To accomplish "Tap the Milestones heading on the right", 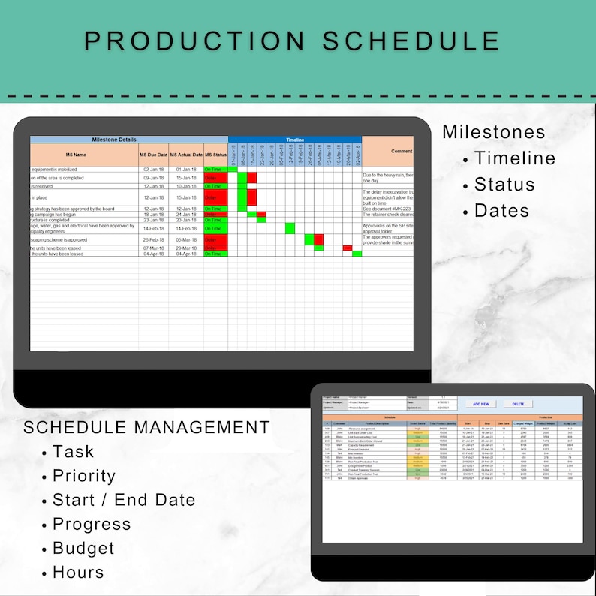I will pyautogui.click(x=493, y=132).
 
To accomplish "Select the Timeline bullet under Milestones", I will pyautogui.click(x=515, y=158).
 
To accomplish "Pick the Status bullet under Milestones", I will pyautogui.click(x=504, y=185).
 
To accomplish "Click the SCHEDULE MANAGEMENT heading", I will pyautogui.click(x=146, y=427).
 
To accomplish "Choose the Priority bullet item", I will pyautogui.click(x=84, y=476).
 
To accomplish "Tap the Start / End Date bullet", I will pyautogui.click(x=124, y=500).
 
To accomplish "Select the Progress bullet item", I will pyautogui.click(x=92, y=524).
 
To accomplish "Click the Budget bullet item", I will pyautogui.click(x=83, y=549).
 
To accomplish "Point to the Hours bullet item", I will pyautogui.click(x=78, y=573).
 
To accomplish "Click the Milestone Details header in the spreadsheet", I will pyautogui.click(x=114, y=140).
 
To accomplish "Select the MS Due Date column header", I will pyautogui.click(x=153, y=155).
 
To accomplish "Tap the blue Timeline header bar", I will pyautogui.click(x=295, y=140).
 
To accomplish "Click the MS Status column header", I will pyautogui.click(x=215, y=155).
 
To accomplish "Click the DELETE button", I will pyautogui.click(x=518, y=404).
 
